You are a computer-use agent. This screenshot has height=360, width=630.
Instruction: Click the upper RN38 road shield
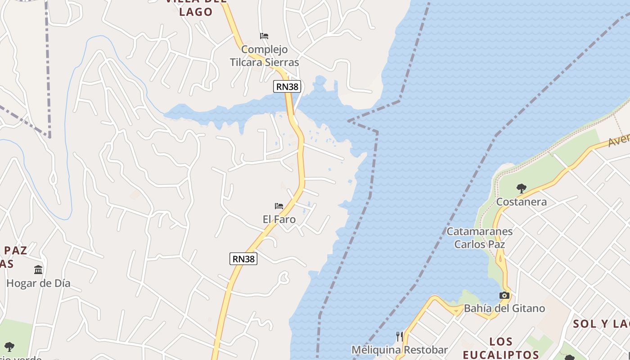tap(287, 86)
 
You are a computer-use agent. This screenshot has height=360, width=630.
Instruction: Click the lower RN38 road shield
tap(243, 259)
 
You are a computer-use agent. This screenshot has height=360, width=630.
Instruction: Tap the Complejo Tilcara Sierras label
tap(265, 56)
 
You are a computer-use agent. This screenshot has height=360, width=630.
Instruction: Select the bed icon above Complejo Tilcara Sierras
tap(264, 36)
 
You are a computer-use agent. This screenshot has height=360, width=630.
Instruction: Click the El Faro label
tap(279, 219)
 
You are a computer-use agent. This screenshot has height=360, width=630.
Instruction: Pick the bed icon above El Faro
tap(279, 206)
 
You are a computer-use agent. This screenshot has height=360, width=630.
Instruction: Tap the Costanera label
tap(521, 202)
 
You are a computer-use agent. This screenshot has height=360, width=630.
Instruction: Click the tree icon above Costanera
tap(521, 188)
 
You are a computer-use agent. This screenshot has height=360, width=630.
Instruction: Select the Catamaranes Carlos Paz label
tap(479, 238)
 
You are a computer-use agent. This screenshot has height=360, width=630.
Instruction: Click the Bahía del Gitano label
tap(504, 308)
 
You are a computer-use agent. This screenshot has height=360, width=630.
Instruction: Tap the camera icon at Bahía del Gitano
tap(504, 296)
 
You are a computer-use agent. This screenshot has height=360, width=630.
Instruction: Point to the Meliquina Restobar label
tap(399, 350)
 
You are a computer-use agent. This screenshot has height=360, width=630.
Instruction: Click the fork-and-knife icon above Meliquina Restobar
tap(399, 336)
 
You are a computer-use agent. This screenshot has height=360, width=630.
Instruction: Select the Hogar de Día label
tap(38, 283)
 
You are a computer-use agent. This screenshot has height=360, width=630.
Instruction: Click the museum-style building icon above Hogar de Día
tap(38, 270)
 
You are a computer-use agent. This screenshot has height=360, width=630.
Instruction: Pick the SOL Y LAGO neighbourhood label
tap(601, 324)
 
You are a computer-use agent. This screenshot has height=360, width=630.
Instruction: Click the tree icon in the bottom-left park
tap(9, 347)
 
